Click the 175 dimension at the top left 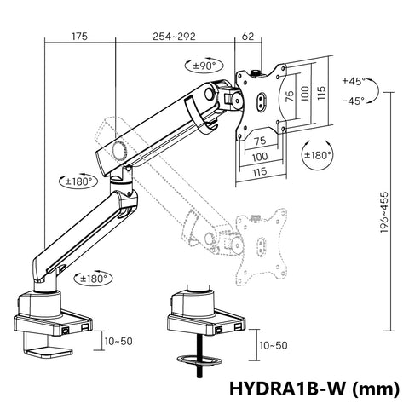(x=80, y=37)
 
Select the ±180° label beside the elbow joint (x=78, y=181)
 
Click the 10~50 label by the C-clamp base (x=118, y=341)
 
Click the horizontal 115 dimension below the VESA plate (x=262, y=171)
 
